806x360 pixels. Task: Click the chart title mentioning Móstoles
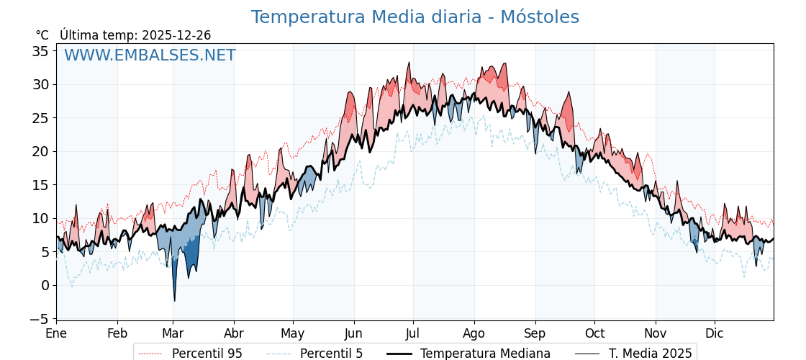[x=415, y=17]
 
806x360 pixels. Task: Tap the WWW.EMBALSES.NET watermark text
[x=150, y=55]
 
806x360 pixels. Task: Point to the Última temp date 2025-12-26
[x=176, y=35]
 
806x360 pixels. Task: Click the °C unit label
[x=42, y=35]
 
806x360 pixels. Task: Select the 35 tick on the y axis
[x=40, y=51]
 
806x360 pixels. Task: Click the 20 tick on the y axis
[x=40, y=151]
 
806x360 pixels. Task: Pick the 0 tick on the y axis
[x=45, y=285]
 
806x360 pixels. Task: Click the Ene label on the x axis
[x=56, y=333]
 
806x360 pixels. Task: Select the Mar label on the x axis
[x=173, y=333]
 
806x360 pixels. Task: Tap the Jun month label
[x=353, y=333]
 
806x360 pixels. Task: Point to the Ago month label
[x=474, y=333]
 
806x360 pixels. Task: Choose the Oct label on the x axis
[x=594, y=333]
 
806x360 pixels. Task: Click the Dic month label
[x=715, y=333]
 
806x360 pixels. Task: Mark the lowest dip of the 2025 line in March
[x=174, y=300]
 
